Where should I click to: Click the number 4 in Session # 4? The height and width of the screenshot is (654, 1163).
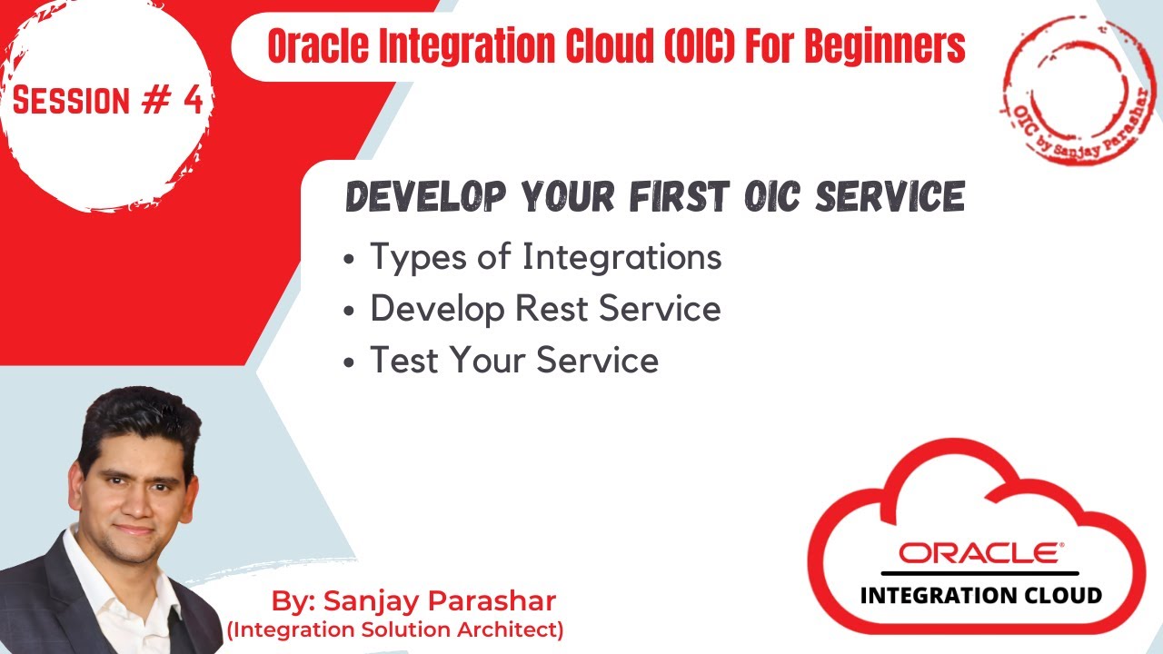(x=192, y=100)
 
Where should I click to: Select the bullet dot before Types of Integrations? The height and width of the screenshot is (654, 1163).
(x=350, y=260)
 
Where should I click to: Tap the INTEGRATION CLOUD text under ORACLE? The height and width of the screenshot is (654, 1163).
(x=980, y=596)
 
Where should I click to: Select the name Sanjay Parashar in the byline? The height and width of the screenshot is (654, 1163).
(x=440, y=601)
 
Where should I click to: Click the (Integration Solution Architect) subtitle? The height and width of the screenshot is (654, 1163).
(x=395, y=629)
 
